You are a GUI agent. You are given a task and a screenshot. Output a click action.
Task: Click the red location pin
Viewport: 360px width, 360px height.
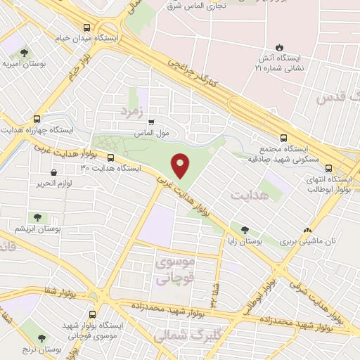[x=181, y=165]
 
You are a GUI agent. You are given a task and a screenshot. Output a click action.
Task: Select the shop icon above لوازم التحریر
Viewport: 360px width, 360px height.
[x=53, y=172]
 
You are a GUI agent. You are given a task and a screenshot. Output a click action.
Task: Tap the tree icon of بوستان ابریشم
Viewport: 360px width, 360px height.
[x=36, y=218]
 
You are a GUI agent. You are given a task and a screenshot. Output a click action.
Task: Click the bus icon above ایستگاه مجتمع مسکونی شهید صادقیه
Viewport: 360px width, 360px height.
[x=283, y=138]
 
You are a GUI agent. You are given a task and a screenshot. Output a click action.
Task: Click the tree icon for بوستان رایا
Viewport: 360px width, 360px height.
[x=244, y=229]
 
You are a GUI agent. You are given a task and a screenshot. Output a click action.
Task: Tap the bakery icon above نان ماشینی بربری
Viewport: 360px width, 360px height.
[x=307, y=230]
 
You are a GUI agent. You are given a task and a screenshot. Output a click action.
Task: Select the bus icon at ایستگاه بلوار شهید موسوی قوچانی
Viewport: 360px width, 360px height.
[x=94, y=314]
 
